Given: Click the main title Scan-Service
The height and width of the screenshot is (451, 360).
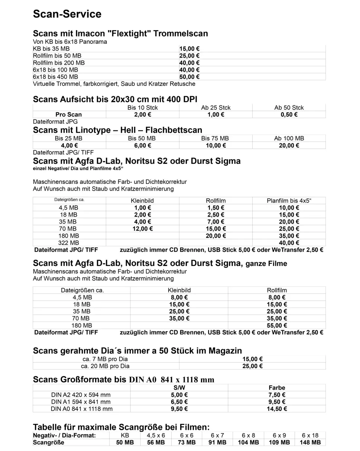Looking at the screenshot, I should coord(67,14).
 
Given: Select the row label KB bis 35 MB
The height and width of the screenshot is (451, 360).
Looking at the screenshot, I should coord(51,49).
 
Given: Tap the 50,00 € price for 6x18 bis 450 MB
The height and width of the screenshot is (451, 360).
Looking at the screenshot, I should coord(190,77).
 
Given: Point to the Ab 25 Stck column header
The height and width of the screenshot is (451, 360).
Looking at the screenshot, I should coord(215,108).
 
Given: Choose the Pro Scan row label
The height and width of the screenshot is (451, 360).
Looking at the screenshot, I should coord(68,114).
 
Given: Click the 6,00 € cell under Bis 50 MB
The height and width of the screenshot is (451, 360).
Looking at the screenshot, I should coord(142,145).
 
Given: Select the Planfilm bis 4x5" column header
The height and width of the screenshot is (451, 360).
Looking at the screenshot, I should coord(289,201).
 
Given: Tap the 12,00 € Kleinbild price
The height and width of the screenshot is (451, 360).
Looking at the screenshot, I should coord(142,228).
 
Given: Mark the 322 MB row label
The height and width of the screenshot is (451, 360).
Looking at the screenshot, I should coord(69,243).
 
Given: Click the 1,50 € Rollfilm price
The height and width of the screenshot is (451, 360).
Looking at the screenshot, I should coord(215,208).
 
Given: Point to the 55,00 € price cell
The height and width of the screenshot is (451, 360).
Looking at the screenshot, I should coord(277,325).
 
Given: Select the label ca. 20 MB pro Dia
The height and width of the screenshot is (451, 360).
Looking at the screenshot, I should coord(106,366).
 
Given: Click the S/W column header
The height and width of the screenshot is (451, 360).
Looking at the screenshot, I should coord(179,388).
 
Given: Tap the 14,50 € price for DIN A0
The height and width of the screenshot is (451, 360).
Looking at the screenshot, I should coord(277,409).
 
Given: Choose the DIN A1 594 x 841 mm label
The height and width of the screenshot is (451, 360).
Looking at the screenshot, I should coord(81,402).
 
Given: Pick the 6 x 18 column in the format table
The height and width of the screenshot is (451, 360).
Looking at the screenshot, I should coord(310,435).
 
